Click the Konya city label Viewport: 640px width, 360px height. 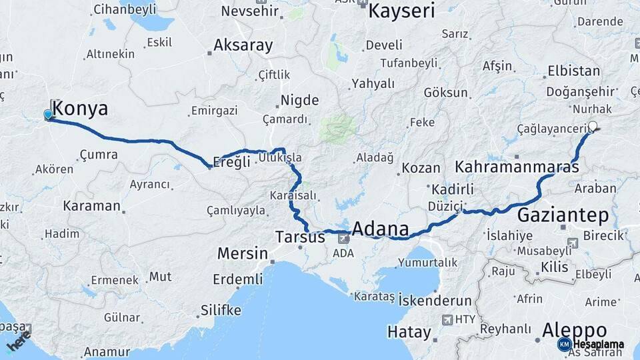[79, 109]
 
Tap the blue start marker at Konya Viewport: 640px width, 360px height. [48, 115]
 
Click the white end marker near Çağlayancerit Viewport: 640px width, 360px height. [593, 127]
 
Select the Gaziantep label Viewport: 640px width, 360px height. [563, 215]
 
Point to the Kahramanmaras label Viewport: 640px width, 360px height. [517, 167]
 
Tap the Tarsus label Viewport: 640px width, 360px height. [301, 237]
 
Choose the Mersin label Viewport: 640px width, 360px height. [242, 254]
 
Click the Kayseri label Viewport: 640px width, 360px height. [401, 10]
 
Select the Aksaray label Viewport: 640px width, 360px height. [243, 46]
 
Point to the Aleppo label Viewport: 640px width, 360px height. [574, 330]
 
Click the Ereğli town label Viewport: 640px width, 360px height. [231, 162]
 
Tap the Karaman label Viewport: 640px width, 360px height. [92, 205]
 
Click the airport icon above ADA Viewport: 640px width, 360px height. [343, 238]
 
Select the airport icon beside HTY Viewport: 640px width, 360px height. [447, 319]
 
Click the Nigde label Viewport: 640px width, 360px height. [299, 101]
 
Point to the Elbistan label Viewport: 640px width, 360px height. [573, 71]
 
